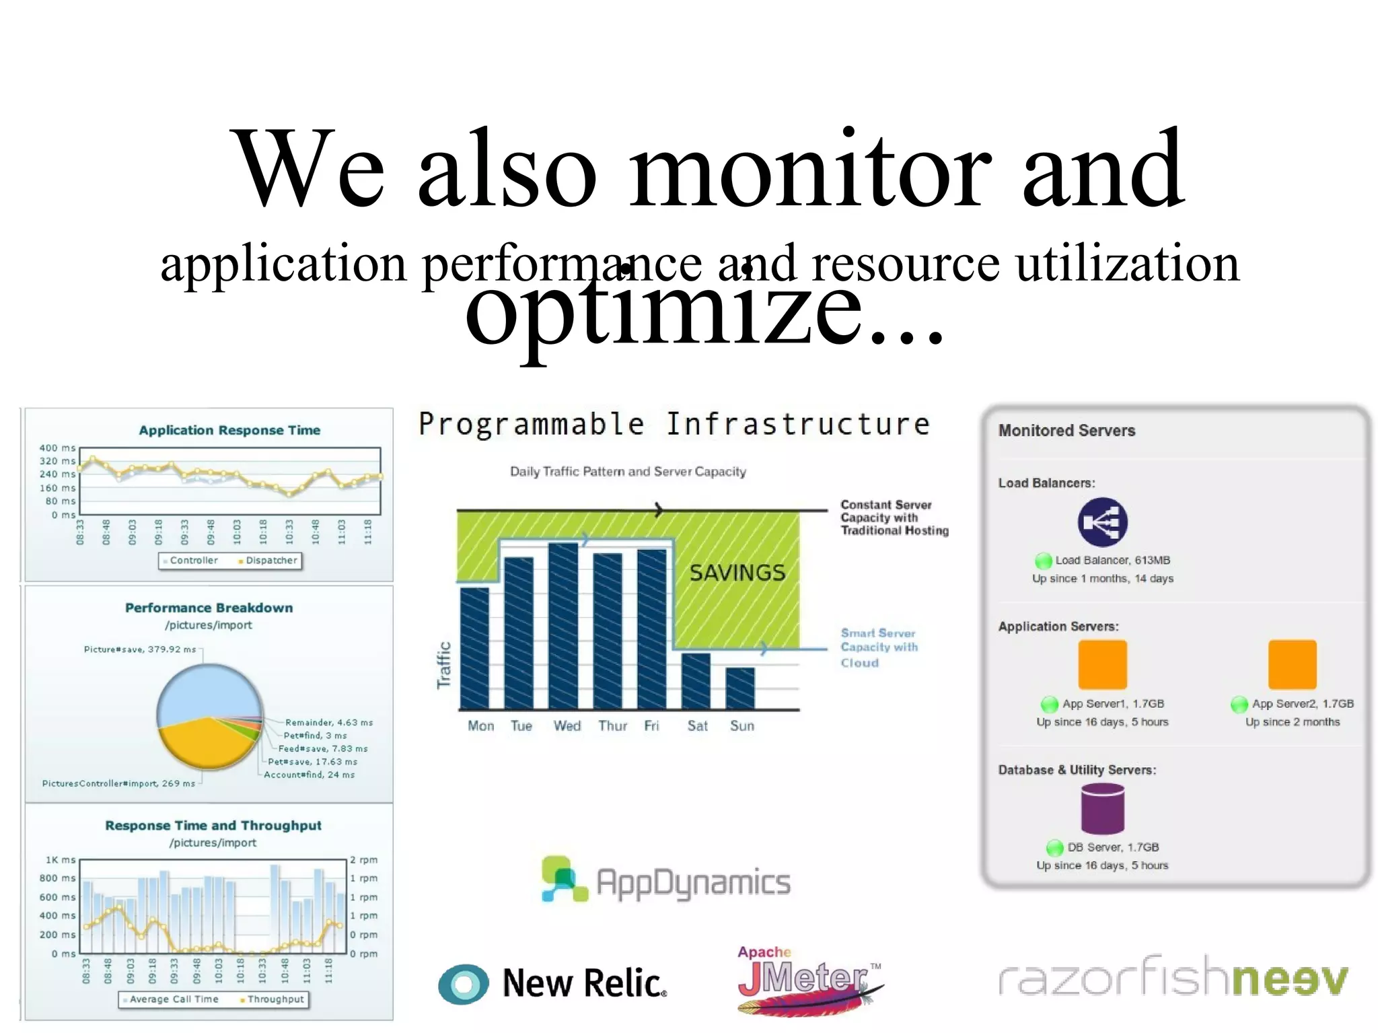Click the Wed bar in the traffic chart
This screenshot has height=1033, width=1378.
point(563,626)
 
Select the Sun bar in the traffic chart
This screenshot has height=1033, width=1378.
point(740,688)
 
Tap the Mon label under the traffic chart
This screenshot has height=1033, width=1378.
point(480,725)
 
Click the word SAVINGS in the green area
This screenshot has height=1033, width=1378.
point(737,573)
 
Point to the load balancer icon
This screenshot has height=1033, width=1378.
point(1102,522)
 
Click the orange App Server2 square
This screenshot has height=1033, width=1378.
point(1292,664)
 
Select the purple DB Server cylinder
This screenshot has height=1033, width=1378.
point(1102,809)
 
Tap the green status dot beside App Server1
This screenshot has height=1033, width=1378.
point(1049,705)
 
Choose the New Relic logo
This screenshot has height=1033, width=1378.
point(552,983)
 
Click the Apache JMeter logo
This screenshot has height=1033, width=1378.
point(807,979)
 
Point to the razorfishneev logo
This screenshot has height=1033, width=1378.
point(1173,978)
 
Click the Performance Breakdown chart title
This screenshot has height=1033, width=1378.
point(209,608)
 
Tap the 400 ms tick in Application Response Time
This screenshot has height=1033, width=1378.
point(57,448)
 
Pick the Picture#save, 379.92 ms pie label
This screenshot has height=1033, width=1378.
point(140,649)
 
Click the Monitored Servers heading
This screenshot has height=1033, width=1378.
point(1066,431)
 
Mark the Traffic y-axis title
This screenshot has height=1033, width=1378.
point(444,665)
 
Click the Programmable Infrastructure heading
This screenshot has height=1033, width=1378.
point(674,424)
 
